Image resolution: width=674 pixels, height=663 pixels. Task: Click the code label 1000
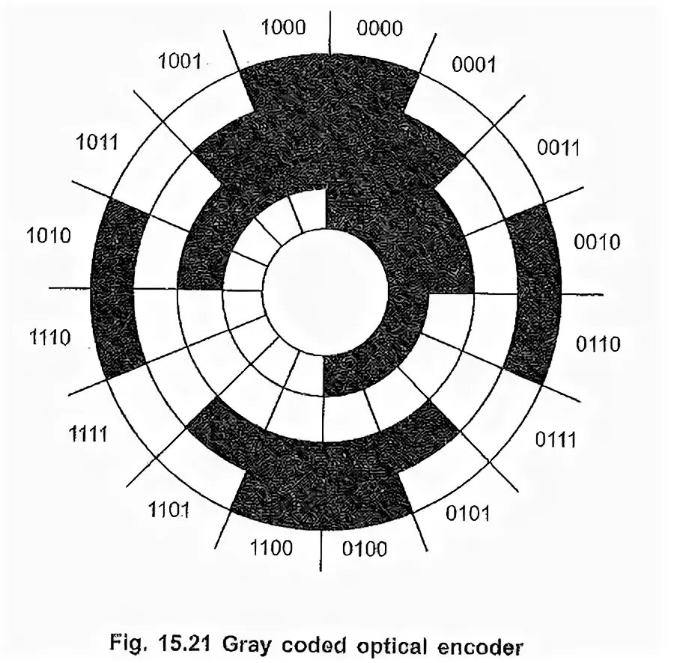(284, 28)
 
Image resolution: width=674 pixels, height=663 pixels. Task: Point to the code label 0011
(559, 147)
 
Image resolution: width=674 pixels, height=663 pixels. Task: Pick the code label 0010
(597, 242)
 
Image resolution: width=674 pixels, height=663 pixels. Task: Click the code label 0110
(598, 344)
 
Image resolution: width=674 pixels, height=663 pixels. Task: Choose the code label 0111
(556, 439)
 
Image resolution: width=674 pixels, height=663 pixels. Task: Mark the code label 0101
(467, 513)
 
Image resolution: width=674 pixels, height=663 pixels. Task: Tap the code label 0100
(365, 550)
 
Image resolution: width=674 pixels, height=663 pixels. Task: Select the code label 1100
(270, 549)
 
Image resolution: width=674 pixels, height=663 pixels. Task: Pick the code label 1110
(50, 338)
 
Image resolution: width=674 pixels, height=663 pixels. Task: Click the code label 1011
(97, 141)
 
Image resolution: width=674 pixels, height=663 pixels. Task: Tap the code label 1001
(180, 61)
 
